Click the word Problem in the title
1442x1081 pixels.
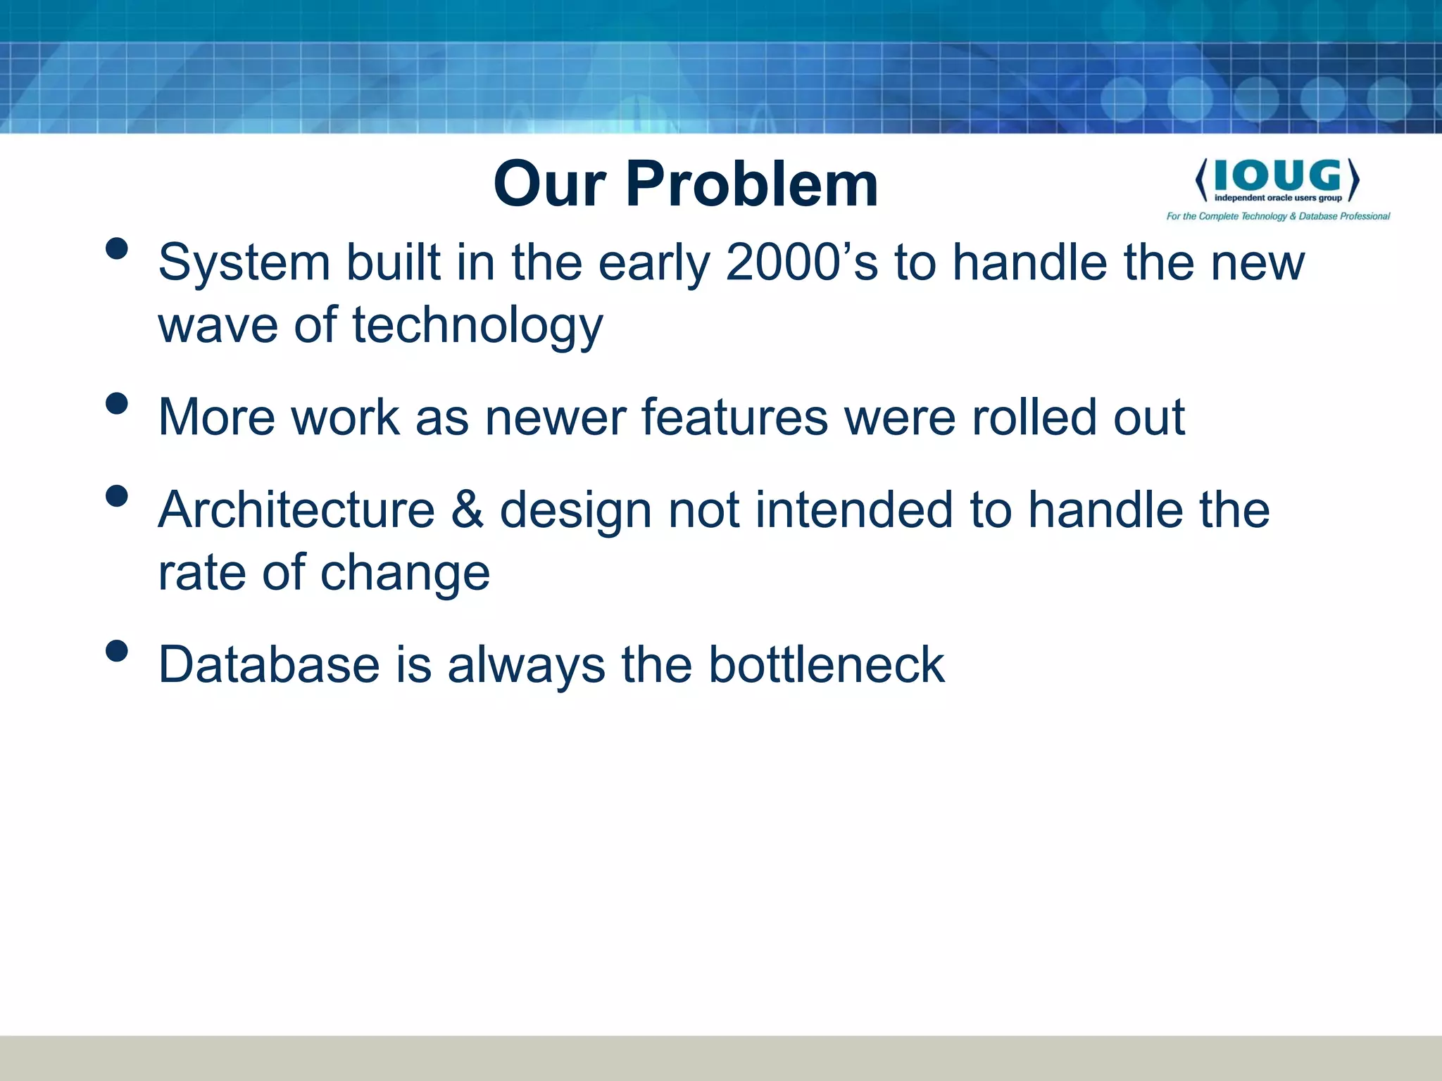pyautogui.click(x=751, y=184)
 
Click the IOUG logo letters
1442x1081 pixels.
pyautogui.click(x=1277, y=175)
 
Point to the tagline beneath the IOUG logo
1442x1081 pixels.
pyautogui.click(x=1278, y=216)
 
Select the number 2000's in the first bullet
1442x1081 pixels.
pyautogui.click(x=802, y=263)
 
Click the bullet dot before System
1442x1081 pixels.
pyautogui.click(x=117, y=248)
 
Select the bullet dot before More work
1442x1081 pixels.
pyautogui.click(x=117, y=403)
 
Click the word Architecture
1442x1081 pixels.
pyautogui.click(x=296, y=510)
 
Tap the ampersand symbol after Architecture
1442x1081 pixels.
pyautogui.click(x=468, y=510)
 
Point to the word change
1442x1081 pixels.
pyautogui.click(x=405, y=573)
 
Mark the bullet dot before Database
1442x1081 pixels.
pyautogui.click(x=117, y=651)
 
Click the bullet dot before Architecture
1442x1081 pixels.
pyautogui.click(x=117, y=496)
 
